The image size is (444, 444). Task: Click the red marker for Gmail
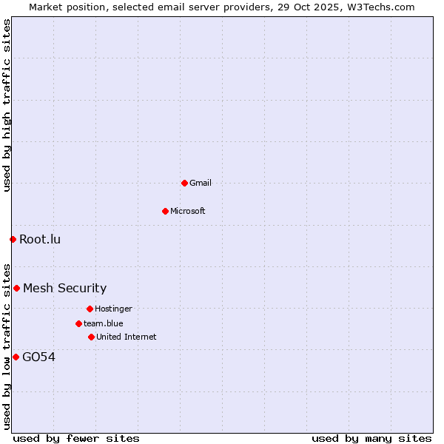[184, 183]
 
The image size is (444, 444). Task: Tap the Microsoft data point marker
[165, 211]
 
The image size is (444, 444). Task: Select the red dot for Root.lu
[13, 239]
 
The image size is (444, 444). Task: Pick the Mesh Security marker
[16, 288]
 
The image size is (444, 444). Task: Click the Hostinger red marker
[90, 309]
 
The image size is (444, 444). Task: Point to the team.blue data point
[78, 323]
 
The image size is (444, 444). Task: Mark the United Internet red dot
[91, 337]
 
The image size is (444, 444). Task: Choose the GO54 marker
[16, 357]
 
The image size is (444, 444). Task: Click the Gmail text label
[201, 183]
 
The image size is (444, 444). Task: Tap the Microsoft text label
[188, 211]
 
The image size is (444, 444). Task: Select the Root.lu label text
[40, 239]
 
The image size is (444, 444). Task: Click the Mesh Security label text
[64, 288]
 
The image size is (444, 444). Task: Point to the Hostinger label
[113, 309]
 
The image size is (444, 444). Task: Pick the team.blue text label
[103, 323]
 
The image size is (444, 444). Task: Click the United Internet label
[126, 337]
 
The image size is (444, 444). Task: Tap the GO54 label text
[38, 357]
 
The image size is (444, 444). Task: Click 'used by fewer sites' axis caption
[76, 439]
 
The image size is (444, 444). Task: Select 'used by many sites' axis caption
[371, 439]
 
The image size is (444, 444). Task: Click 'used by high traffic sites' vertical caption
[7, 106]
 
